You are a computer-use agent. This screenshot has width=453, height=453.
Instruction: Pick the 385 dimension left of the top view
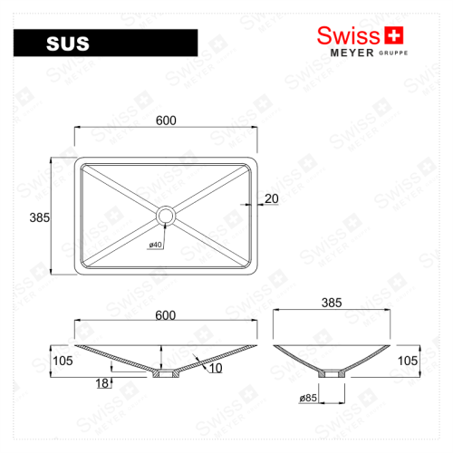(x=38, y=217)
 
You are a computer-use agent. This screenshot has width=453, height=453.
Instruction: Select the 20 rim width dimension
(x=271, y=199)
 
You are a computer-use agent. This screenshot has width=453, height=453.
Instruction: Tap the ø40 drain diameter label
(x=155, y=244)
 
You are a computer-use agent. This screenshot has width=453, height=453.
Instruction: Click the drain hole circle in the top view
(x=166, y=216)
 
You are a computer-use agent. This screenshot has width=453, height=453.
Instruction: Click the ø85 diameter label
(x=308, y=397)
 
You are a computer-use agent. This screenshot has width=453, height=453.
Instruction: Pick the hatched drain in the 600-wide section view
(x=165, y=372)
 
